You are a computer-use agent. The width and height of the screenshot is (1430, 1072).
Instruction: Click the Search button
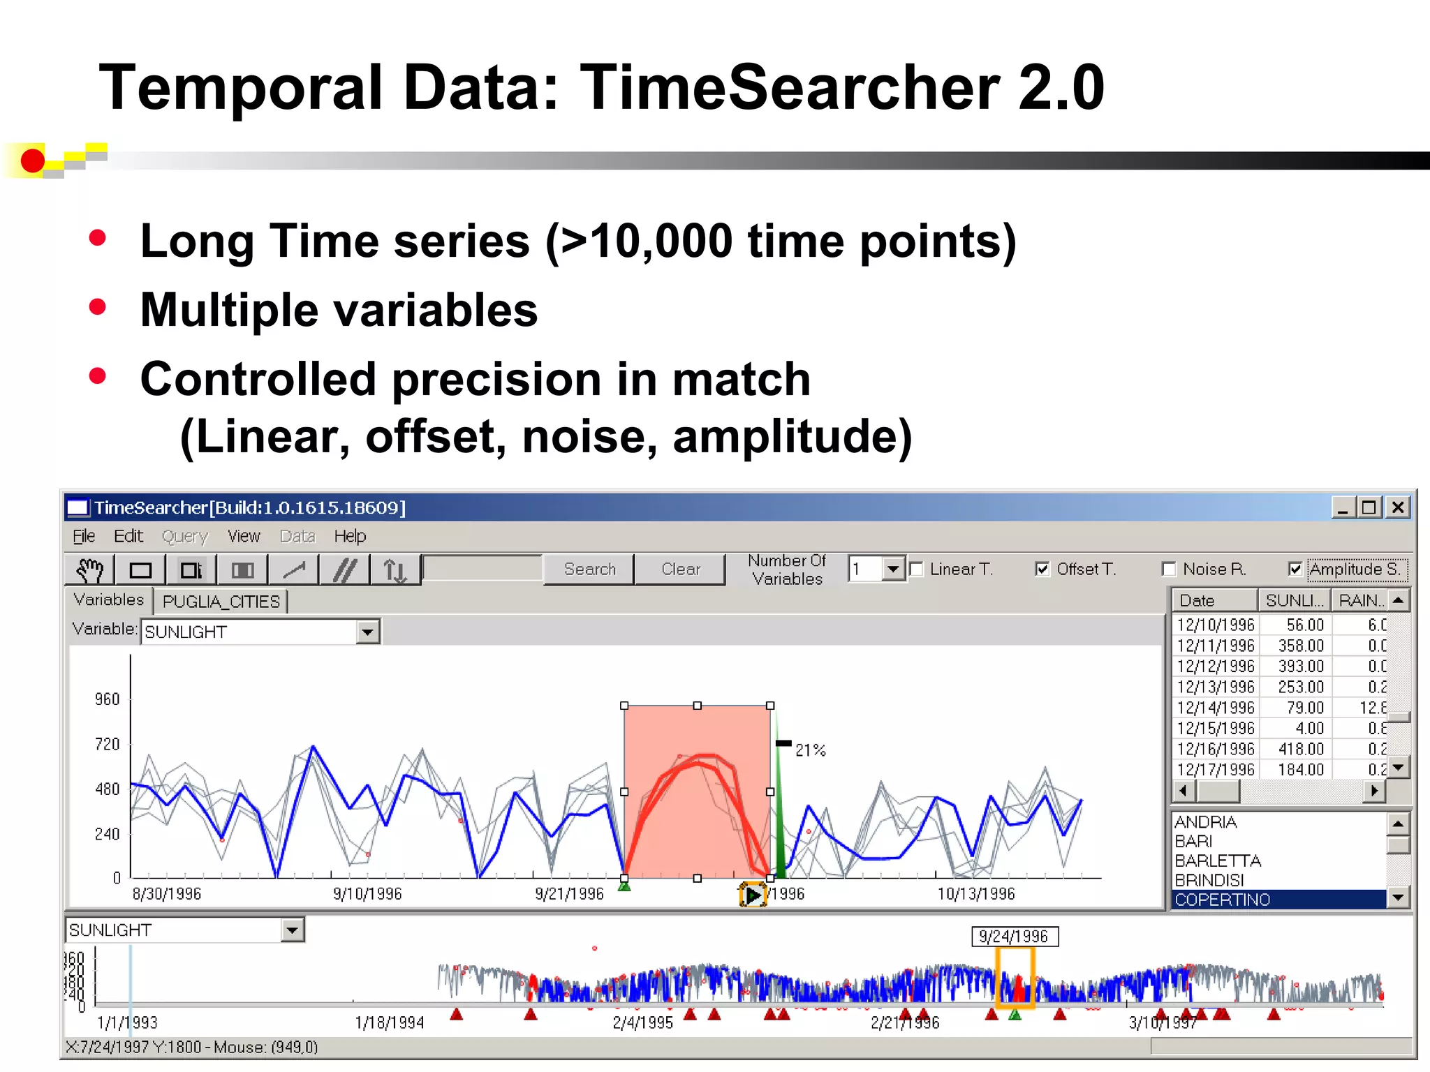point(589,569)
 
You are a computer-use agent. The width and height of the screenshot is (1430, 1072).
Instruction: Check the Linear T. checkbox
point(917,569)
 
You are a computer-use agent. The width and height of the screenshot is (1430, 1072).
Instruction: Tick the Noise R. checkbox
point(1169,569)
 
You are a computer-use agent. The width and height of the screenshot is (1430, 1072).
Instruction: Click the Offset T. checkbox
point(1042,569)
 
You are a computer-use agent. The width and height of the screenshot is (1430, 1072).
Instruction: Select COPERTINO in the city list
point(1222,900)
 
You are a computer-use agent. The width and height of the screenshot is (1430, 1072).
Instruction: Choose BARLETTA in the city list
point(1218,861)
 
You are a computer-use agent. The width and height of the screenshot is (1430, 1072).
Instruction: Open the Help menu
point(349,536)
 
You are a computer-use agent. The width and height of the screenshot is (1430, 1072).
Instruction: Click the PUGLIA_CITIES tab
point(221,602)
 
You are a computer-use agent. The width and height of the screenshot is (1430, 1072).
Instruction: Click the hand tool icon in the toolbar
point(89,570)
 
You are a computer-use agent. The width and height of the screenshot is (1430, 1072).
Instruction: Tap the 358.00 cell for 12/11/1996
point(1300,646)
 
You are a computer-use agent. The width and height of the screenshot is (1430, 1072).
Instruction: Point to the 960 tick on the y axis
point(108,699)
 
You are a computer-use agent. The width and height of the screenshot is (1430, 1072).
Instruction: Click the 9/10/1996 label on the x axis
point(367,894)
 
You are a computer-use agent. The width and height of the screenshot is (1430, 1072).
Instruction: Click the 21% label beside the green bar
point(810,750)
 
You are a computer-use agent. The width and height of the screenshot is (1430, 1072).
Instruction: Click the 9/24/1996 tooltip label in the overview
point(1014,937)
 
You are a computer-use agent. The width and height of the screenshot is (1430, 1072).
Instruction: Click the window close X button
point(1398,507)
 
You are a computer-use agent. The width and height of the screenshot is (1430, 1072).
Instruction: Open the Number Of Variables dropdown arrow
point(893,569)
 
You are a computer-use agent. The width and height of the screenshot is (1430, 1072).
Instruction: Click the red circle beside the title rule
point(32,161)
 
